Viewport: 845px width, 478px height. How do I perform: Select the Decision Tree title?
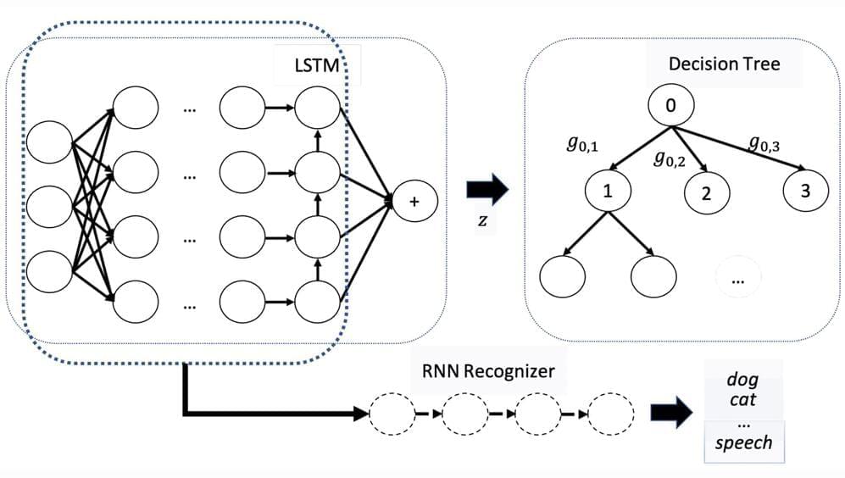coord(724,64)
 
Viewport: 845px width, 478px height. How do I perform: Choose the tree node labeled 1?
coord(607,190)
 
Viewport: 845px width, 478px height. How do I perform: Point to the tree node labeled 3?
coord(804,190)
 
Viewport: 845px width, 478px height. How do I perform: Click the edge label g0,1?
coord(582,145)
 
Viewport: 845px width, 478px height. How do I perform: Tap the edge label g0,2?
coord(669,158)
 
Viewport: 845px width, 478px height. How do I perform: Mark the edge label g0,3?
coord(764,143)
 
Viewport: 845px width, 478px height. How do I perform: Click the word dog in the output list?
coord(742,380)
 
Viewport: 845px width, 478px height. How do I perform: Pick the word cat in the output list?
coord(742,399)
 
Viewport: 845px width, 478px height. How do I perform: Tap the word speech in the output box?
coord(742,442)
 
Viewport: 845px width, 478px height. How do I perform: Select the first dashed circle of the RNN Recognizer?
coord(392,414)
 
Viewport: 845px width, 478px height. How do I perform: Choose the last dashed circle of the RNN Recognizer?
coord(612,414)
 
